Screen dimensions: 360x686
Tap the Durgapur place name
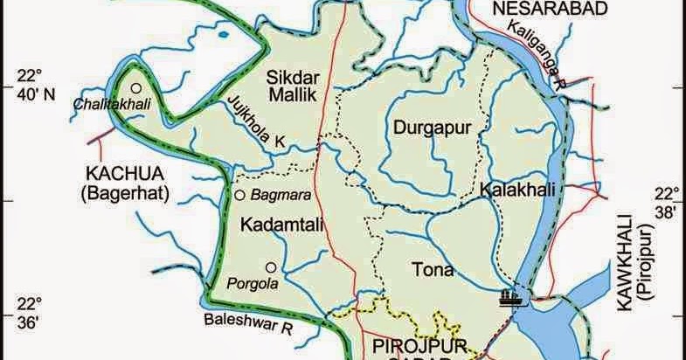point(432,128)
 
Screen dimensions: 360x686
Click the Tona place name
point(434,270)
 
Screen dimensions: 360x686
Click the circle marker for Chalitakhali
point(136,87)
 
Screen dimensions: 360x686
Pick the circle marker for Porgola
point(270,267)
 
